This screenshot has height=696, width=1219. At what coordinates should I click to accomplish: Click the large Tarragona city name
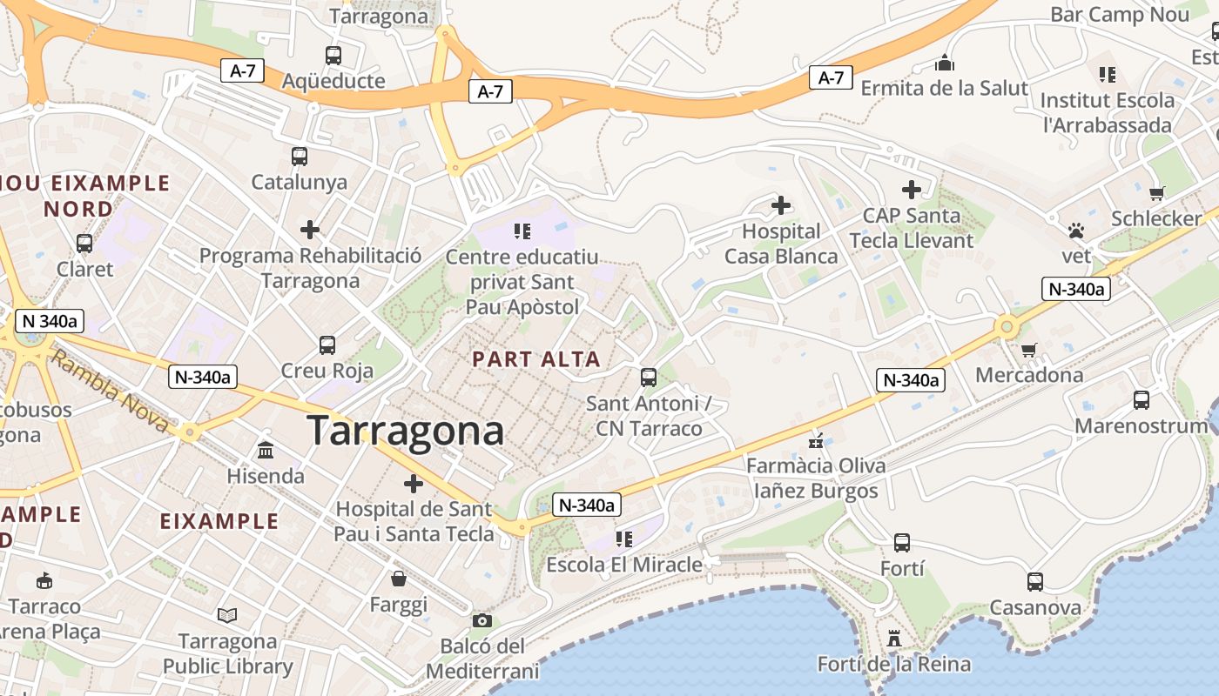pos(406,432)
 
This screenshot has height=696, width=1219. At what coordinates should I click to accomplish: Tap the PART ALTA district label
pos(536,359)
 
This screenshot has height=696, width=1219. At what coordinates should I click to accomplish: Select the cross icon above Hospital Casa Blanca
pos(781,206)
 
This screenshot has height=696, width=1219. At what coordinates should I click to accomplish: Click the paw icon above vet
pos(1077,231)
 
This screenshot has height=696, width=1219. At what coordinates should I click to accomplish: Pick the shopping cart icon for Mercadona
pos(1029,350)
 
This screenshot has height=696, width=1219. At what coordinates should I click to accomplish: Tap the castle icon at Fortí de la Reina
pos(893,639)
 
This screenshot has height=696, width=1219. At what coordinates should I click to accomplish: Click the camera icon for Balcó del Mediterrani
pos(482,620)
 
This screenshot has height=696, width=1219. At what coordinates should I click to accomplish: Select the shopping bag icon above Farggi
pos(399,579)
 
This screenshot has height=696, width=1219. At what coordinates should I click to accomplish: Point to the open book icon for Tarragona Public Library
pos(227,616)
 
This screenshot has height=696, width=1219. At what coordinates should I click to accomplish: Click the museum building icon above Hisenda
pos(266,451)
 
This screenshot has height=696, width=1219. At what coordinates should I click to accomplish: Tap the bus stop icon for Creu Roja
pos(327,345)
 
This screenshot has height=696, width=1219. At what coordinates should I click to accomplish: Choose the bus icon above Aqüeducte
pos(333,56)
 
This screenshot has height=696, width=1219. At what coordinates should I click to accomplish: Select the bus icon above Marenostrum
pos(1141,400)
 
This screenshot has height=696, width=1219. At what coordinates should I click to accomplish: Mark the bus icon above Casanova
pos(1034,582)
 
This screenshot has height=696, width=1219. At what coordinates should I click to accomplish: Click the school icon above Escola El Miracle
pos(623,539)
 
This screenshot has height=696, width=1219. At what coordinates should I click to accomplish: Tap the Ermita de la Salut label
pos(944,88)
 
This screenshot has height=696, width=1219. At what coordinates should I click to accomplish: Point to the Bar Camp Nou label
pos(1119,14)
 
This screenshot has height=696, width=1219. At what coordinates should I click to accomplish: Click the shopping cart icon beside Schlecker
pos(1156,193)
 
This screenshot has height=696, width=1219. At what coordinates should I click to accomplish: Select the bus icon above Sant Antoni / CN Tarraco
pos(649,377)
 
